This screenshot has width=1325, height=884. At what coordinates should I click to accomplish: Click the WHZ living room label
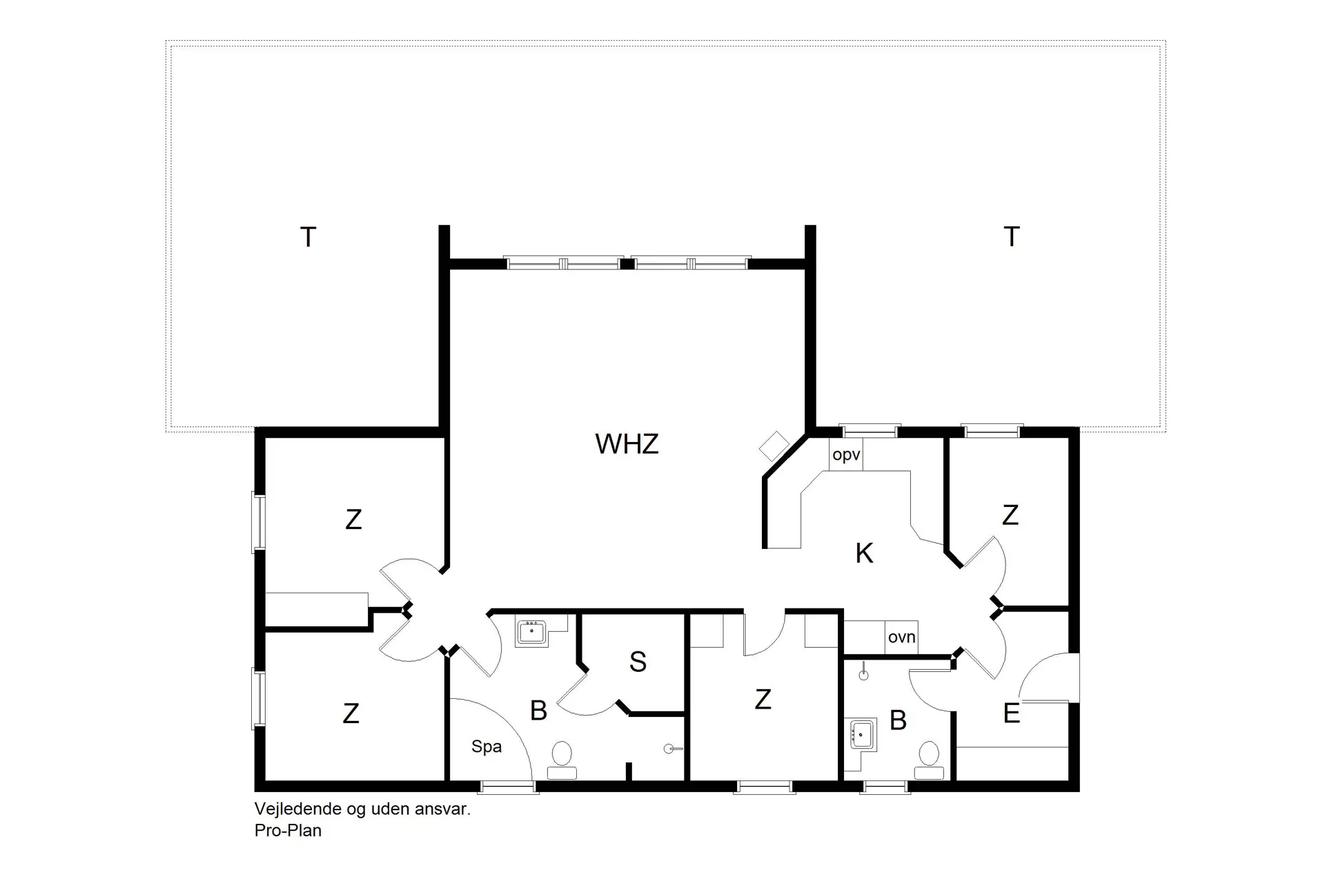(x=627, y=444)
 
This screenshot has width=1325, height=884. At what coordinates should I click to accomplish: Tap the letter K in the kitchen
(x=864, y=553)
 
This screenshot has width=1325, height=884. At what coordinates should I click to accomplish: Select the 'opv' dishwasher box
(x=846, y=455)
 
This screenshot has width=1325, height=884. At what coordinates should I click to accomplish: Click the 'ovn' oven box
(x=901, y=637)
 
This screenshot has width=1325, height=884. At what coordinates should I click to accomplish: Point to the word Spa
(x=487, y=747)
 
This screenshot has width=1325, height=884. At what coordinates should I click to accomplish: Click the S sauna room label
(x=638, y=662)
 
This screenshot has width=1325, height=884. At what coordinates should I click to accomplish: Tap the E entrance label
(x=1011, y=714)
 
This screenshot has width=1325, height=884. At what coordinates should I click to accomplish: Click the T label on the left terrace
(x=308, y=238)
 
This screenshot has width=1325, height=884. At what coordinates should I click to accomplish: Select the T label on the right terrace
(x=1011, y=237)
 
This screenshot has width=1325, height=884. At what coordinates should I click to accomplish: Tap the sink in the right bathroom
(x=862, y=733)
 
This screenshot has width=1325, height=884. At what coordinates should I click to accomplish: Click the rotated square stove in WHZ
(x=774, y=446)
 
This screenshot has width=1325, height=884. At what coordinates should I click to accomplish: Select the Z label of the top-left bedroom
(x=353, y=519)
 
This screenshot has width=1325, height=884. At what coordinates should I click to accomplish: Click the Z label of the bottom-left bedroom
(x=351, y=713)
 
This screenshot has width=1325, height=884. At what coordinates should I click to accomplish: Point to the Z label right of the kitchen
(x=1010, y=515)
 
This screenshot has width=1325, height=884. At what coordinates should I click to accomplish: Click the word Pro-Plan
(x=288, y=831)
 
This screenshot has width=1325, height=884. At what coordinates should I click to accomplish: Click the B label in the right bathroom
(x=898, y=721)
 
